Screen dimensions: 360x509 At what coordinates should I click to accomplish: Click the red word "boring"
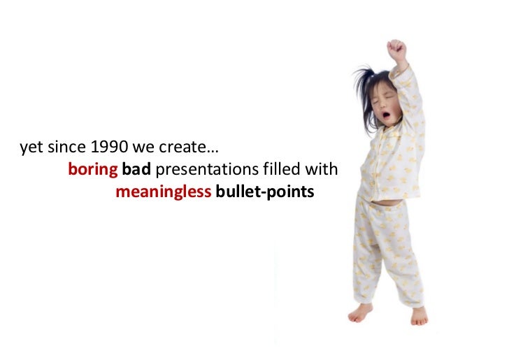point(93,170)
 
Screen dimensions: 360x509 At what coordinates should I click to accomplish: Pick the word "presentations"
point(200,170)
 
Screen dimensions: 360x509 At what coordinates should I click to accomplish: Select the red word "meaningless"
point(163,192)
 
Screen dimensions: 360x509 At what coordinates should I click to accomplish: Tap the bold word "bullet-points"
point(265,192)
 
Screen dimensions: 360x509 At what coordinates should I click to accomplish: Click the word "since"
point(66,148)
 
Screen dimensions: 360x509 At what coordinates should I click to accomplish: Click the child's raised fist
point(397,50)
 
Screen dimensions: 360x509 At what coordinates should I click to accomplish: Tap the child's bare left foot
point(419,316)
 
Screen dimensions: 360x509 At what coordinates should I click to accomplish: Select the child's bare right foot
point(361,312)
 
